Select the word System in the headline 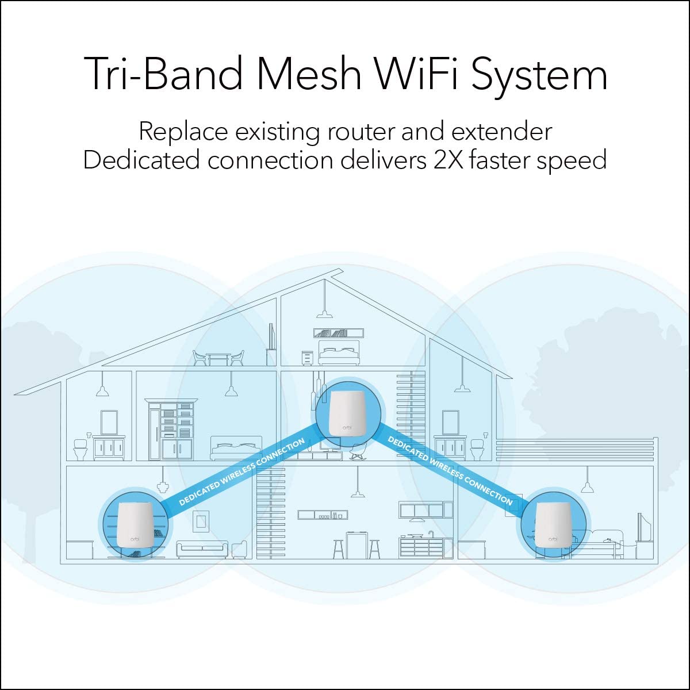pos(539,75)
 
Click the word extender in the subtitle pos(501,132)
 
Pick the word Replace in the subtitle pos(183,132)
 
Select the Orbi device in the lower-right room pos(553,525)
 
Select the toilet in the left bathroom pos(80,448)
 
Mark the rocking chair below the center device pos(356,452)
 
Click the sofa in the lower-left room pos(202,550)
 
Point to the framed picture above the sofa pos(201,522)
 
